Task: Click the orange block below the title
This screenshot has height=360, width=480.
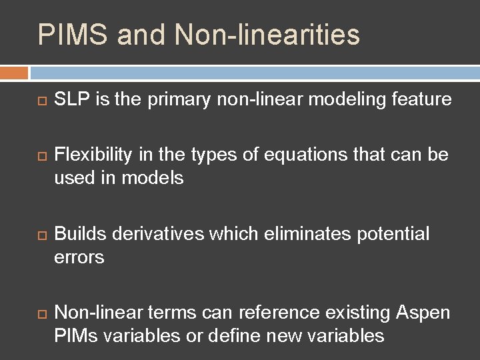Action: coord(14,72)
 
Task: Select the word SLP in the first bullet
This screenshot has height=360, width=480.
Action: coord(71,100)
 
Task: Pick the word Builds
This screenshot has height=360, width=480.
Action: coord(81,234)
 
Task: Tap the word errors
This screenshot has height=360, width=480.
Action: coord(79,257)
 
